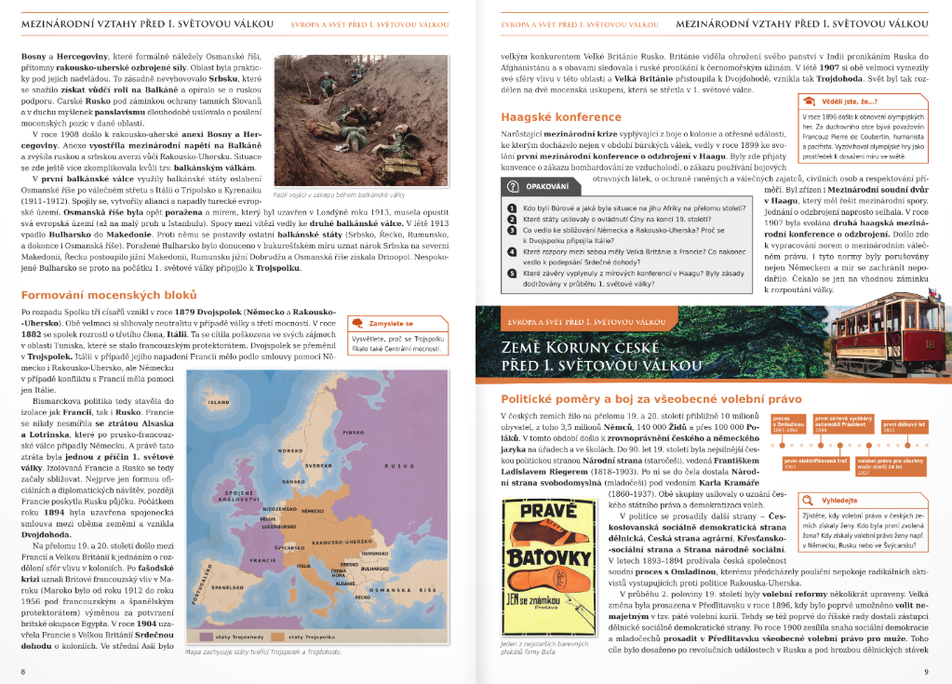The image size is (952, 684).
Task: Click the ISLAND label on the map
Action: pos(219,403)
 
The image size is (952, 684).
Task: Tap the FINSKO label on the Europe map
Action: pos(354,433)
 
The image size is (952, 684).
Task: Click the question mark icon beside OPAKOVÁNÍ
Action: pos(512,185)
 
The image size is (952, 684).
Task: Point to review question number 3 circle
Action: pos(511,230)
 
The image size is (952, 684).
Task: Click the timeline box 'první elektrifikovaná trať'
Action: pos(815,463)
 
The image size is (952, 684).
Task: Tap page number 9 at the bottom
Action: pos(925,670)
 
